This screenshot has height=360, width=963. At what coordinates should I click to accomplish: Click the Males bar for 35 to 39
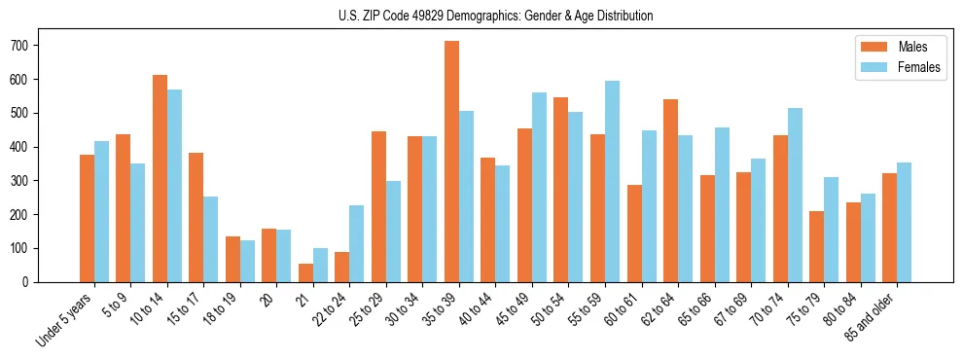tap(451, 162)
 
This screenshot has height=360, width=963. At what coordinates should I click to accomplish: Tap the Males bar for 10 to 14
tap(160, 178)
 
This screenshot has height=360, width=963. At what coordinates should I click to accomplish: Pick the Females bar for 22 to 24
tap(357, 243)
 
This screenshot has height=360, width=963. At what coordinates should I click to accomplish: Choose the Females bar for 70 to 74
tap(795, 195)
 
